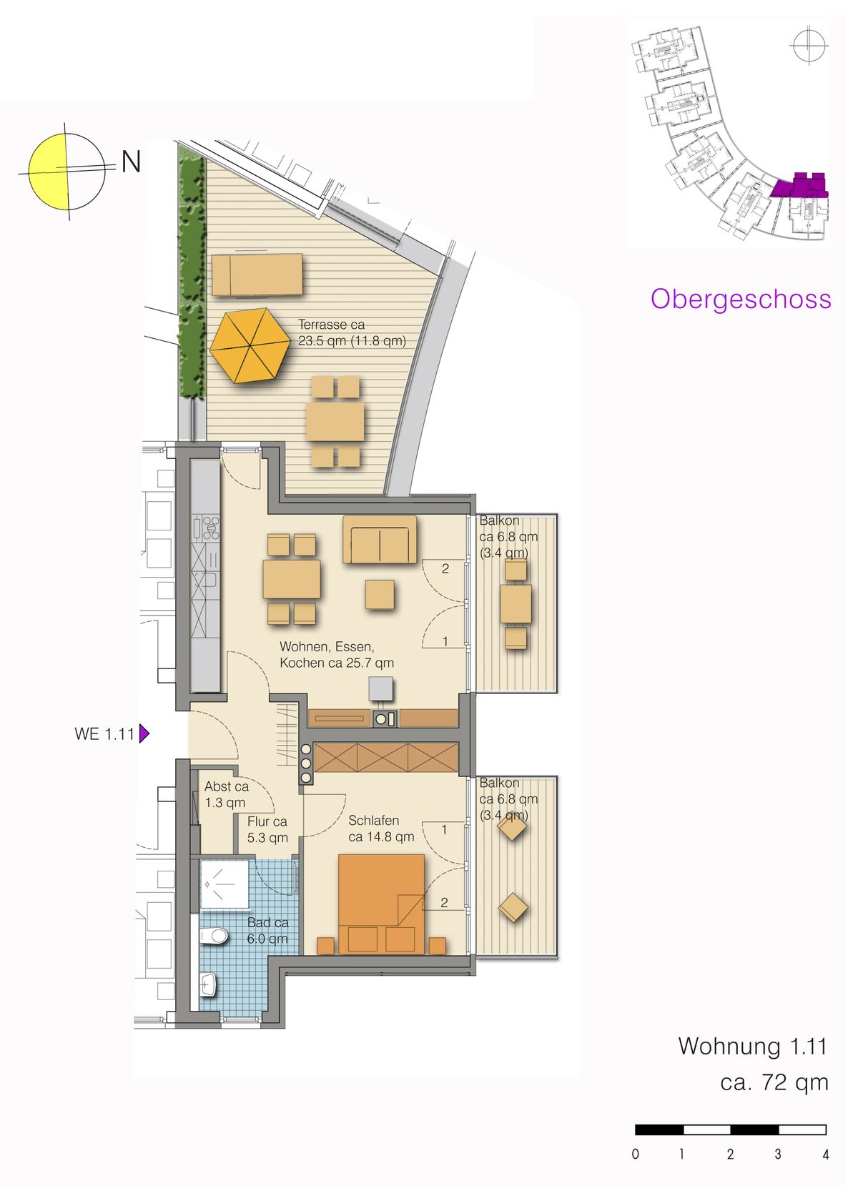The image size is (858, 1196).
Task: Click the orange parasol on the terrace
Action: click(250, 345)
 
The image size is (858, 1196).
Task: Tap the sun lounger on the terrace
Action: click(257, 274)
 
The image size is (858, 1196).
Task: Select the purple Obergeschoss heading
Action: click(741, 300)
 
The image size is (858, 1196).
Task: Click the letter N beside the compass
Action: click(131, 162)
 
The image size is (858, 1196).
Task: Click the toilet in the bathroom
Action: click(214, 936)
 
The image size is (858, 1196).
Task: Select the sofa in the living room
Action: click(380, 539)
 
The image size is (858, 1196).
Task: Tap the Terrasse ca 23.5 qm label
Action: click(352, 332)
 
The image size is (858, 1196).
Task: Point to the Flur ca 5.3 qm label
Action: click(267, 829)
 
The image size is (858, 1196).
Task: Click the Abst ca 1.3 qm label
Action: click(227, 794)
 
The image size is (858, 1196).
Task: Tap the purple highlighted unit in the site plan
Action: click(800, 185)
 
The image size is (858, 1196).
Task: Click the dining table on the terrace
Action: click(335, 422)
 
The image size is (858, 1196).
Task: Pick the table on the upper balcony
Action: click(516, 603)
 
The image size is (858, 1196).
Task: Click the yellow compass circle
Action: click(66, 172)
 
